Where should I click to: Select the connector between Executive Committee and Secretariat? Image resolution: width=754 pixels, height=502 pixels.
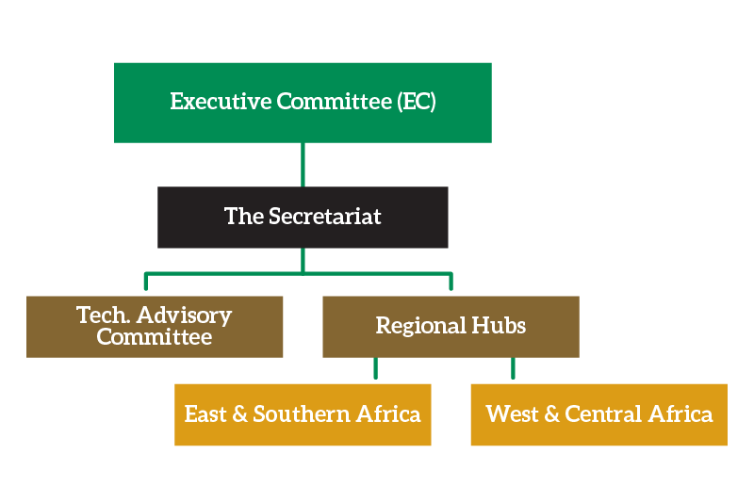point(303,164)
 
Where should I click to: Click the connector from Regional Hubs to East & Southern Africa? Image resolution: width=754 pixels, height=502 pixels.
point(375,369)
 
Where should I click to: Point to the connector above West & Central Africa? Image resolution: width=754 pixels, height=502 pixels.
point(513,369)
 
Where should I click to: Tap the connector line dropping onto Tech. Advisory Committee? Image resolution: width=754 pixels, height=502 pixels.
point(145,283)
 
